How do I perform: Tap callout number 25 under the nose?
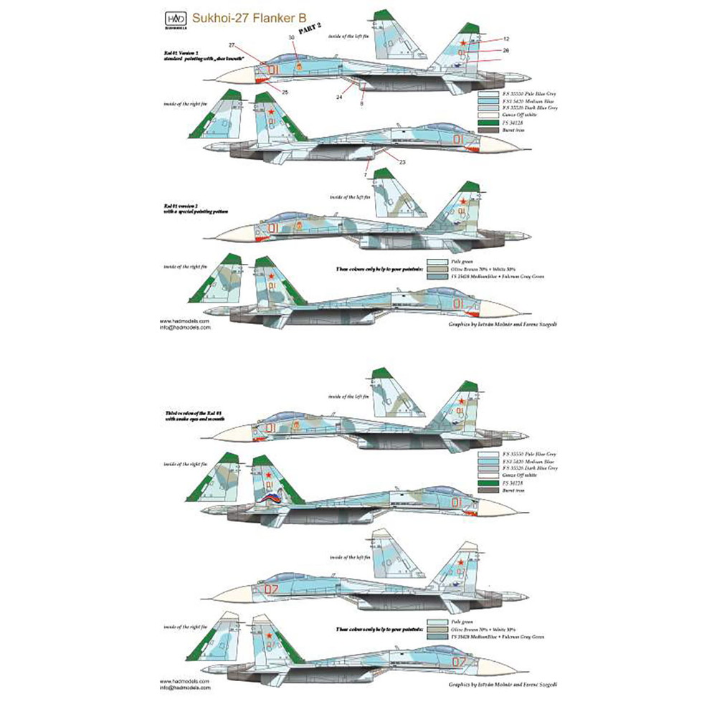(x=285, y=92)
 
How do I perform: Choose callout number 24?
(x=339, y=95)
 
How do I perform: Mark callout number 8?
(x=361, y=103)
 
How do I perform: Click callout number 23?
(x=402, y=162)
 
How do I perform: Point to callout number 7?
(x=365, y=175)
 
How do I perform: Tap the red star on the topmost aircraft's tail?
(x=463, y=44)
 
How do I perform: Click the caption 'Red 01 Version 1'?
(x=181, y=52)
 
